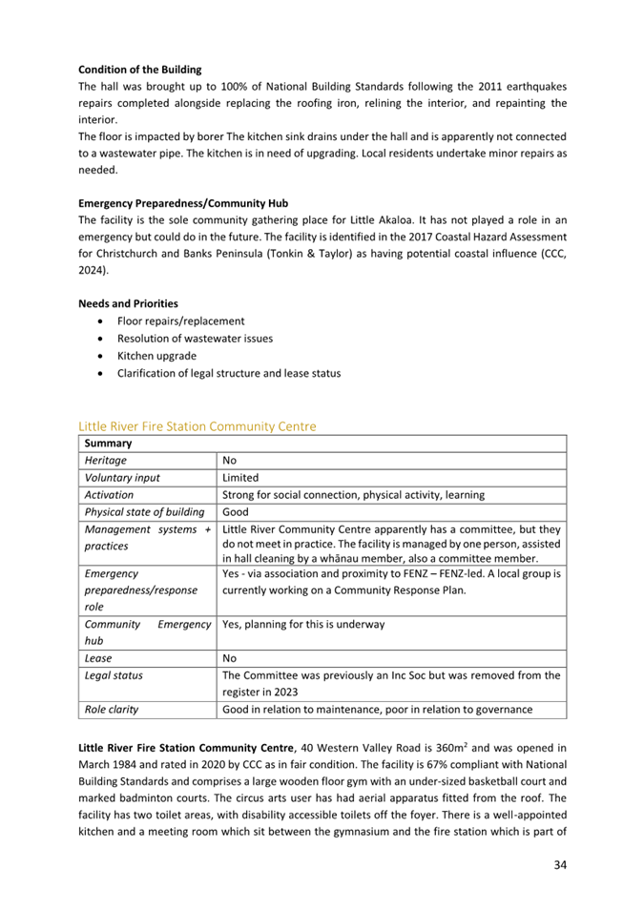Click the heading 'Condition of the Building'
click(139, 70)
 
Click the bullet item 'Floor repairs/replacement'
click(180, 321)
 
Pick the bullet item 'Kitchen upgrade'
click(156, 356)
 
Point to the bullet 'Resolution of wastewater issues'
click(195, 339)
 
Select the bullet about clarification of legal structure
click(228, 373)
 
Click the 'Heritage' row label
click(105, 461)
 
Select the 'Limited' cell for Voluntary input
click(239, 478)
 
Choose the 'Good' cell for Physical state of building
click(235, 512)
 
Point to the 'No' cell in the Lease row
click(229, 658)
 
